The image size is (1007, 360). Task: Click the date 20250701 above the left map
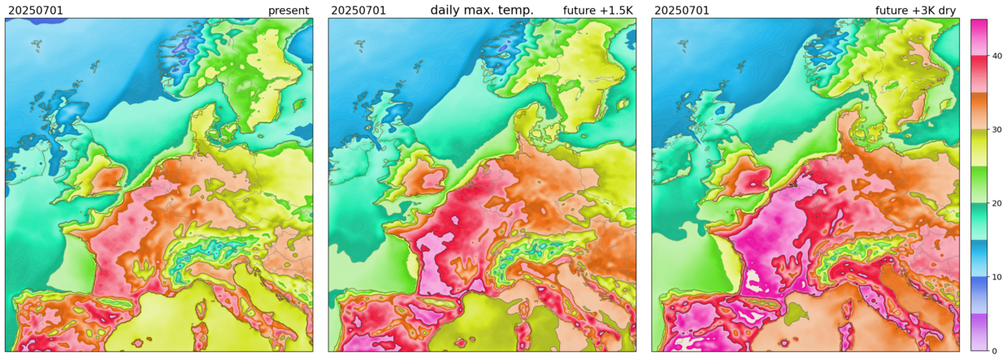click(36, 11)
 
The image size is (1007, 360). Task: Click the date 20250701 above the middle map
click(358, 11)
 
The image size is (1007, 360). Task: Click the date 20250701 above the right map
click(681, 11)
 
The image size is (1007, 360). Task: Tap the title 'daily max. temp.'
click(482, 10)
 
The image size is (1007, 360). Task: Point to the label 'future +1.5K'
click(597, 11)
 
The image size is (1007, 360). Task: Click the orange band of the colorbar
click(979, 111)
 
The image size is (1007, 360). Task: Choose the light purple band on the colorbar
click(979, 332)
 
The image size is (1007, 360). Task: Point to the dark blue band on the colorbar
click(979, 295)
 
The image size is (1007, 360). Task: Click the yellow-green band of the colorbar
click(979, 148)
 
